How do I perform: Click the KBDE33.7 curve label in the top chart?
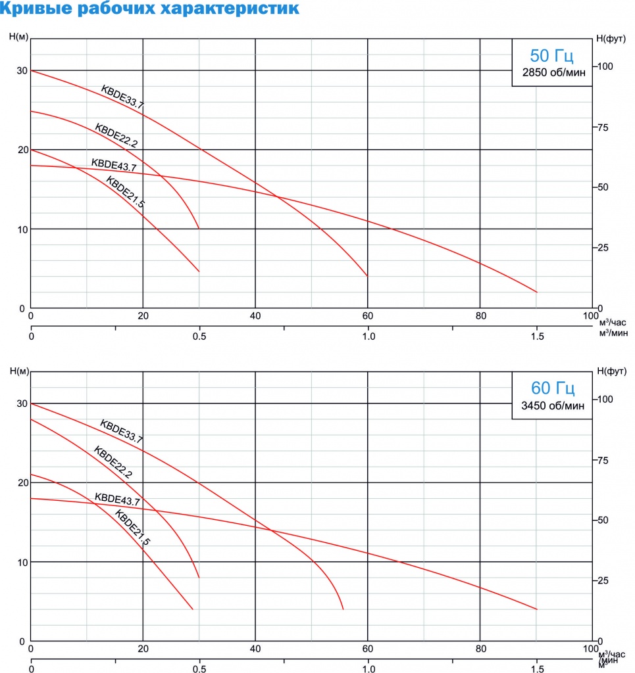click(x=122, y=96)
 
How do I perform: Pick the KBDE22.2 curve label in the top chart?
click(x=116, y=133)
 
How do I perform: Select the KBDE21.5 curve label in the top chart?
click(x=125, y=193)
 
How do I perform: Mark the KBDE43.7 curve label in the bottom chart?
click(x=117, y=499)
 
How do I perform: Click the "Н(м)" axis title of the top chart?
click(x=18, y=36)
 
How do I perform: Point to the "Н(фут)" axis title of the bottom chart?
click(x=612, y=371)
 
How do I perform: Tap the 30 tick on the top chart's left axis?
click(x=22, y=71)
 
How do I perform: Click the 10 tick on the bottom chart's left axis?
click(x=22, y=563)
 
